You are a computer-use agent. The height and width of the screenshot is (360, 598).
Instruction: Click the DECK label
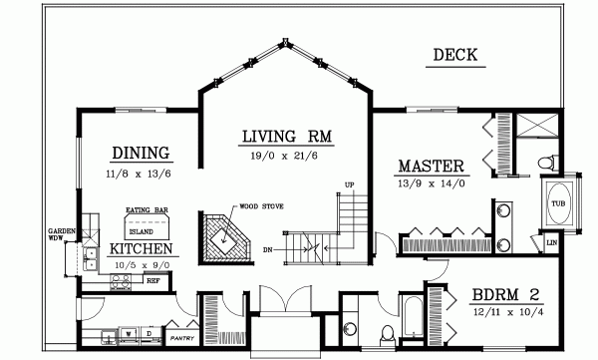pos(455,55)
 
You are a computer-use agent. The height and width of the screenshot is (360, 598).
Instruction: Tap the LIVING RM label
pos(286,136)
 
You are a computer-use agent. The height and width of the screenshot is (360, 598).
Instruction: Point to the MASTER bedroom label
pos(433,166)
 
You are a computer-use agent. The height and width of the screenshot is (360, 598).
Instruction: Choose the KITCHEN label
pos(141,248)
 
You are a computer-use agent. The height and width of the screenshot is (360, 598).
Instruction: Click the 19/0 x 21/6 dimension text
pos(287,156)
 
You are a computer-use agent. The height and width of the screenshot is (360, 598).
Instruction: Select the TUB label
pos(556,203)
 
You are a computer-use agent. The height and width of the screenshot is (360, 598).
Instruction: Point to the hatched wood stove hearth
pos(225,238)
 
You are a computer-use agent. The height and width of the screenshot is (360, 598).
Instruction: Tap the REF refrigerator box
pos(153,280)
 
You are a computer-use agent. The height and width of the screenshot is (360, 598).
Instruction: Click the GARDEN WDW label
pos(58,232)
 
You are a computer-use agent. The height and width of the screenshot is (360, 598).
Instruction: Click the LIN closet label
pos(551,241)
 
